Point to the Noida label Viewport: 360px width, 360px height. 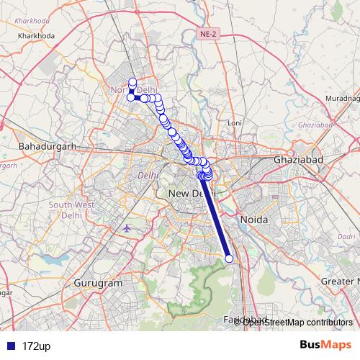(x=254, y=219)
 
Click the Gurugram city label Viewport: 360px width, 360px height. (x=99, y=284)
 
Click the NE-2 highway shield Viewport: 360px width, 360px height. (x=207, y=32)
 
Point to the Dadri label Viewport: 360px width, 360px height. (x=347, y=235)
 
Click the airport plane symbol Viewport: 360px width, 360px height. (x=127, y=229)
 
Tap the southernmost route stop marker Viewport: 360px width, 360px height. (x=229, y=258)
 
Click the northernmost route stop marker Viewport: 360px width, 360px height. (x=132, y=81)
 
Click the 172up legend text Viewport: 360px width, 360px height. (x=36, y=346)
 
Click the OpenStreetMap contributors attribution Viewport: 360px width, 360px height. (x=297, y=322)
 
